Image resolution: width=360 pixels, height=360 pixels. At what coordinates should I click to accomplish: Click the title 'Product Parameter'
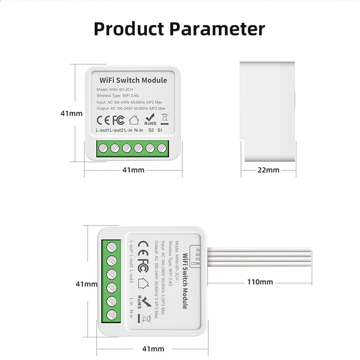[179, 29]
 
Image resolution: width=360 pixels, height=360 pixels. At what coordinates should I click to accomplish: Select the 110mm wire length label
[260, 282]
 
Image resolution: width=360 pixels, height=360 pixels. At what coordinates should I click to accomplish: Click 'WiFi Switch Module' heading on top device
[133, 81]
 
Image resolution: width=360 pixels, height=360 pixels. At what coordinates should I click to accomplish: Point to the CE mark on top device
[103, 121]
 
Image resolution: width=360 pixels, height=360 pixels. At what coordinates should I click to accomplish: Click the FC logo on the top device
[118, 121]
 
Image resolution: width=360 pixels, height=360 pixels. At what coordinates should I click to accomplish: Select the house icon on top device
[134, 121]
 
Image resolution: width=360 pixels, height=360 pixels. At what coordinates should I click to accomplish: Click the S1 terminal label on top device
[160, 130]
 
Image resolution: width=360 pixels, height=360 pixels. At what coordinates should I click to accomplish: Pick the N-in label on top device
[139, 130]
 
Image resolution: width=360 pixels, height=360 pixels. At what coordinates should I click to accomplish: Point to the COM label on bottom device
[197, 264]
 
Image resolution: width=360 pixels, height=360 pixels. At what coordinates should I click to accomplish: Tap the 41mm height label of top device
[72, 113]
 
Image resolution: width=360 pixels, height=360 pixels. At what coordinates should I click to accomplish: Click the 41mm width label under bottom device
[153, 349]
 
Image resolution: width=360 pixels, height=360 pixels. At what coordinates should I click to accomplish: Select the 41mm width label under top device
[134, 170]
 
